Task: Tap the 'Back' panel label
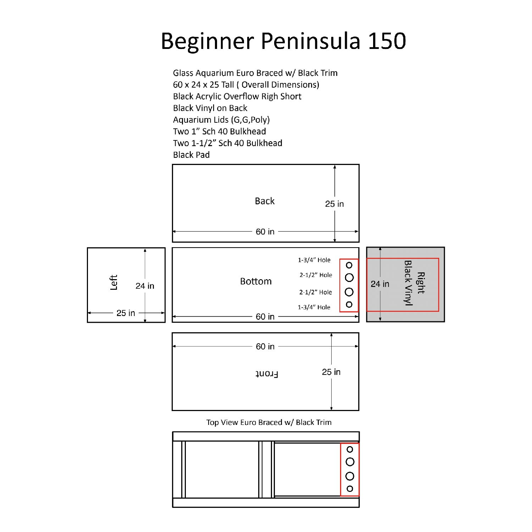pos(265,201)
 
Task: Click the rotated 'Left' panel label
pos(113,282)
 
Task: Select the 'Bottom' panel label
pos(256,281)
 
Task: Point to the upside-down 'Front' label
pos(267,374)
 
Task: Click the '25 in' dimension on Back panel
pos(334,204)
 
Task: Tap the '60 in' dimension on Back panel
pos(265,232)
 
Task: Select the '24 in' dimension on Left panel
pos(145,286)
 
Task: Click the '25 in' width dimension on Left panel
pos(126,313)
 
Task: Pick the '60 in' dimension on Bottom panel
pos(265,316)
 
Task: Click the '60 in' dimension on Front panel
pos(265,347)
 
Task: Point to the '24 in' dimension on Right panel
pos(380,284)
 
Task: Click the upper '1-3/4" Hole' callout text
pos(314,260)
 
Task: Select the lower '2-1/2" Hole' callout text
pos(315,292)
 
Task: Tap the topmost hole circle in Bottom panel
pos(349,265)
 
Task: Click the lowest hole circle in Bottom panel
pos(349,304)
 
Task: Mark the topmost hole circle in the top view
pos(350,449)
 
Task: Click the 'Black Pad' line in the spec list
pos(191,155)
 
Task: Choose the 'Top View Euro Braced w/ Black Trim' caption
pos(269,422)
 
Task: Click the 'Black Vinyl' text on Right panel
pos(409,283)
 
